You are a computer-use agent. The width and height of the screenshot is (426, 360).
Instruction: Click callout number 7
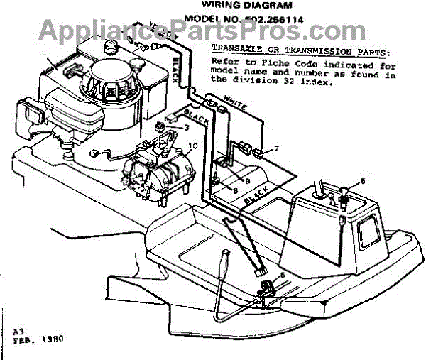tap(278, 149)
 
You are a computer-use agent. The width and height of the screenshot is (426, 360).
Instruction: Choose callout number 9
tap(228, 180)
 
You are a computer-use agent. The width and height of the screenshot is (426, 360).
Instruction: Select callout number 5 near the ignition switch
tap(363, 181)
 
